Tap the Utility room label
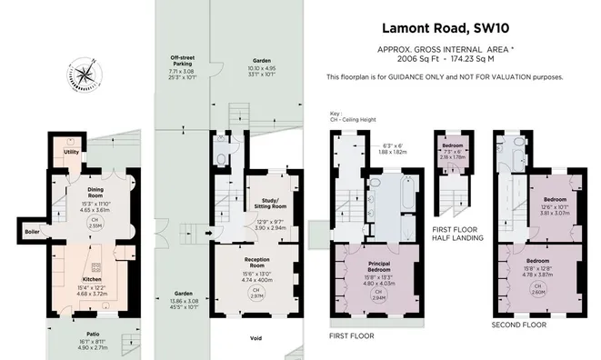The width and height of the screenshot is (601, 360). click(70, 153)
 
